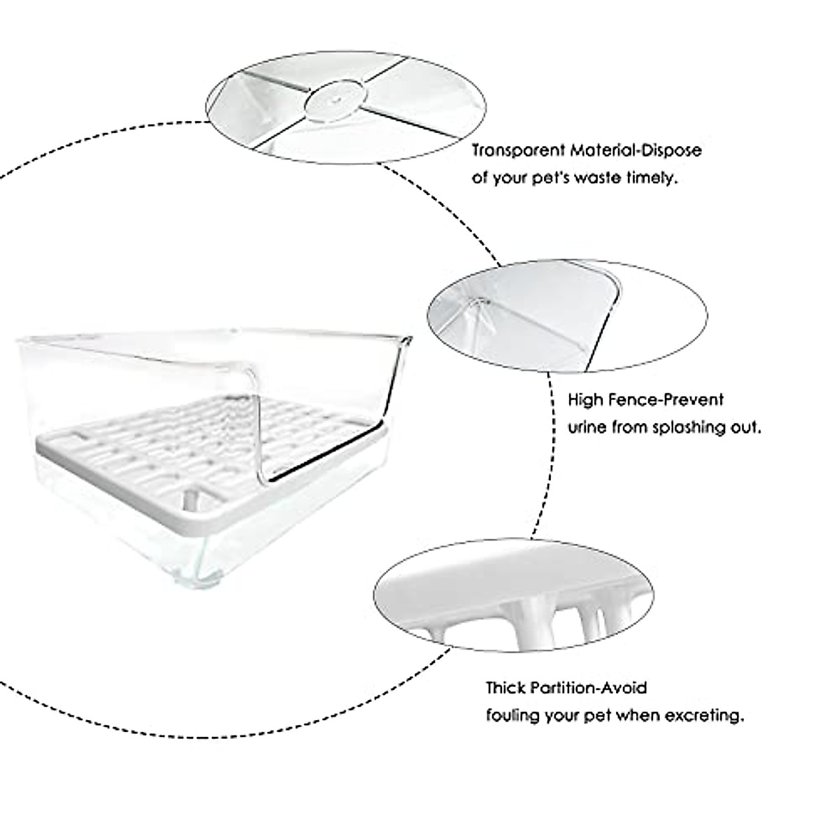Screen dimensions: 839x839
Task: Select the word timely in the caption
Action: coord(656,178)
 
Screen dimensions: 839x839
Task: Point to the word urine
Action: coord(586,427)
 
